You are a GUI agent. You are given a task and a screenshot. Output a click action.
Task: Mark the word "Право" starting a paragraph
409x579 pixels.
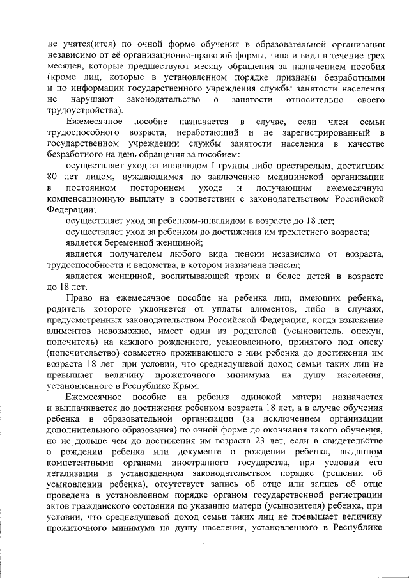coord(79,298)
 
